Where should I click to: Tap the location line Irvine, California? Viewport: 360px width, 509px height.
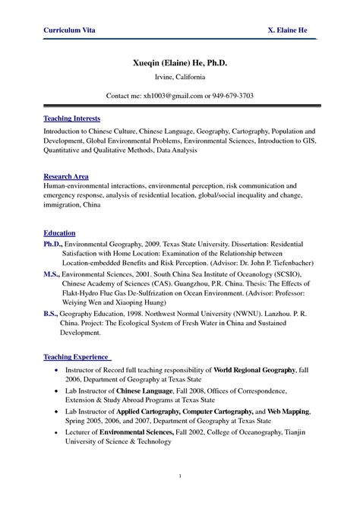(180, 77)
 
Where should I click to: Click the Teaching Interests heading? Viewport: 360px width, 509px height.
(71, 119)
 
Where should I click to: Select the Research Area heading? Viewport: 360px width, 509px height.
(66, 175)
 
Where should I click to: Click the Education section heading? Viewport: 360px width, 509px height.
(59, 232)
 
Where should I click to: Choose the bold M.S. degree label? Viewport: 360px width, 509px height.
(51, 272)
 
